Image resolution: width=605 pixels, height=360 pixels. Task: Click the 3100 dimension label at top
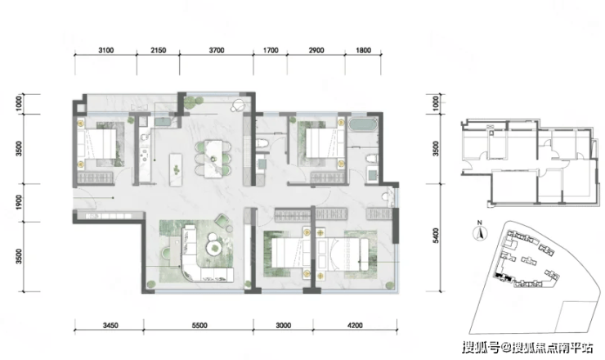point(105,50)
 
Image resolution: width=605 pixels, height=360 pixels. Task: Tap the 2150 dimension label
point(158,50)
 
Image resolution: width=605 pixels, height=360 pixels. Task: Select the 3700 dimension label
point(217,50)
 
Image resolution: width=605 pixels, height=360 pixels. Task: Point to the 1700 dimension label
point(271,50)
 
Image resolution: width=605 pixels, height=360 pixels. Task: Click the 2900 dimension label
point(316,50)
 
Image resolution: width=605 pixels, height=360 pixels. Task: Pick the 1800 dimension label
point(363,50)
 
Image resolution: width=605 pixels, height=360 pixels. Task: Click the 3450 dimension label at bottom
point(110,326)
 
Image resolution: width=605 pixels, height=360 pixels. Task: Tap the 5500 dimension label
point(199,326)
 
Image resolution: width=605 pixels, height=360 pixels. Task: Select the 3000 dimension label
point(283,326)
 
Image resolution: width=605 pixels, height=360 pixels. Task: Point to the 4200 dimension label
point(355,326)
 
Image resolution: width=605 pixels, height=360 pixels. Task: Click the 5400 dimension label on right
point(436,236)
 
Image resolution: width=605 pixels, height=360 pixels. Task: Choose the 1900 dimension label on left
point(19,202)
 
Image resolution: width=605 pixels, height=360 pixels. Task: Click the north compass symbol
point(480,232)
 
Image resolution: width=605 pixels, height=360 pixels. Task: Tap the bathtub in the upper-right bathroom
point(363,125)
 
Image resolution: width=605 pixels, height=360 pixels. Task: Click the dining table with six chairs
point(213,160)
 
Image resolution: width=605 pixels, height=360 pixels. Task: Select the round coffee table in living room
point(213,246)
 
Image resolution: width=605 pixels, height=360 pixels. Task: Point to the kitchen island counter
point(176,169)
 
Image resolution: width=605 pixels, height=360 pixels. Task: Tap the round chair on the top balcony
point(238,105)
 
